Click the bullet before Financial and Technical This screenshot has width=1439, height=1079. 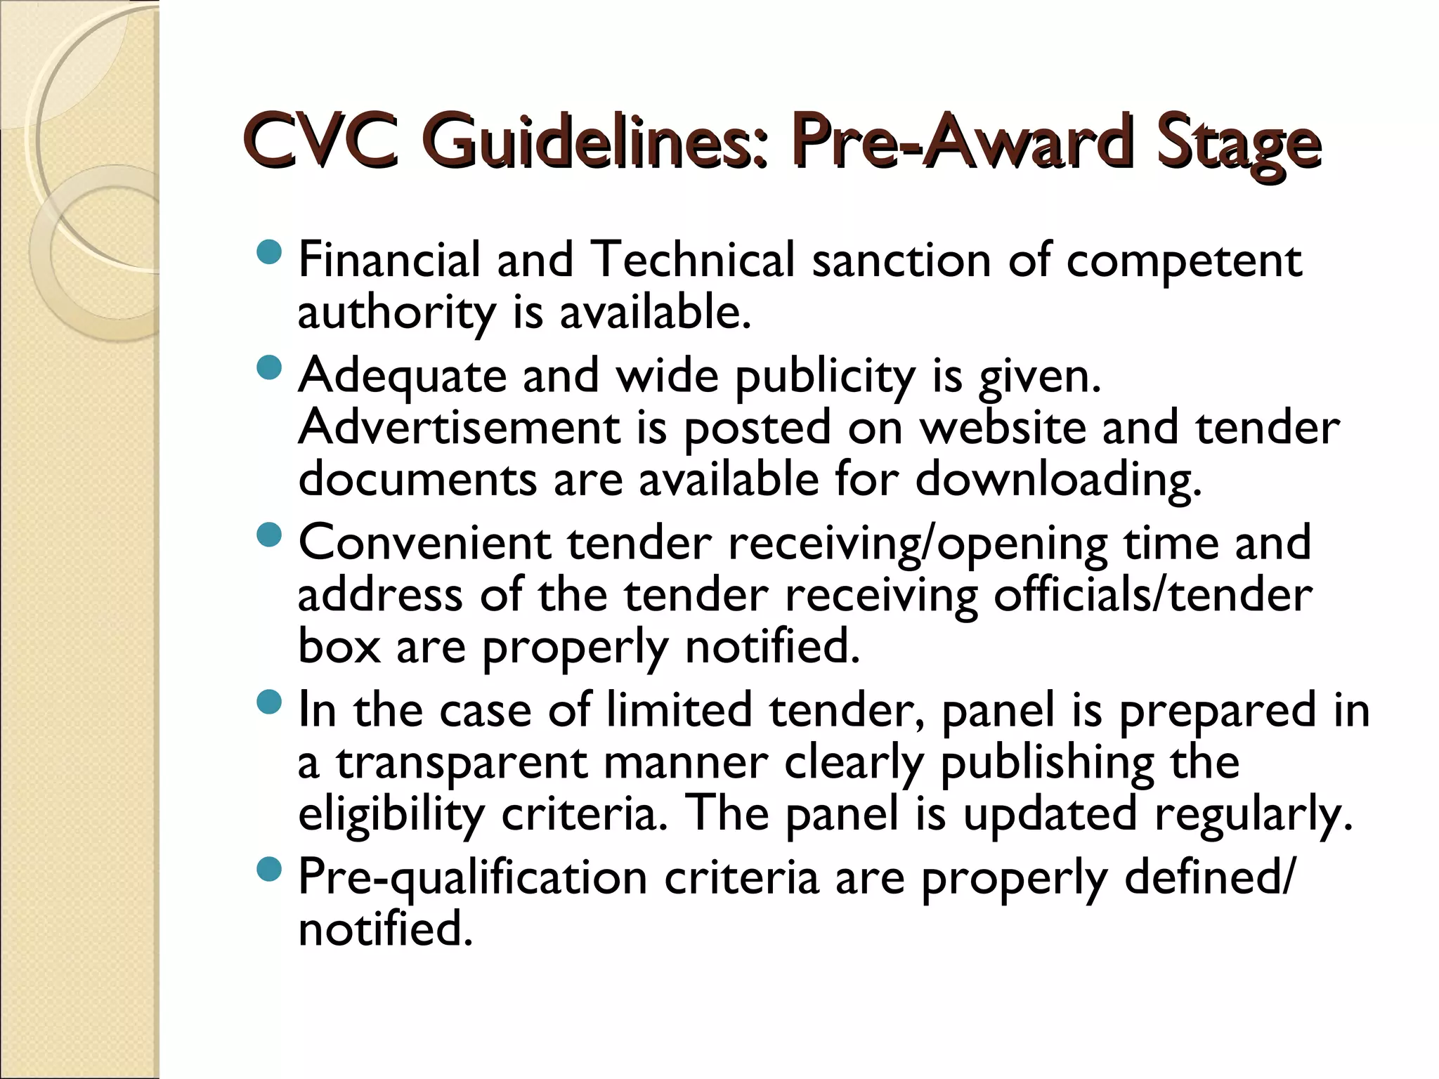coord(269,251)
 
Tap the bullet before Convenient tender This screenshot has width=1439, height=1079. coord(269,536)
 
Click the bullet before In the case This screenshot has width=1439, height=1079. coord(269,702)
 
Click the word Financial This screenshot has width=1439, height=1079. coord(389,259)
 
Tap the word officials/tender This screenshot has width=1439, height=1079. coord(1152,595)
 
